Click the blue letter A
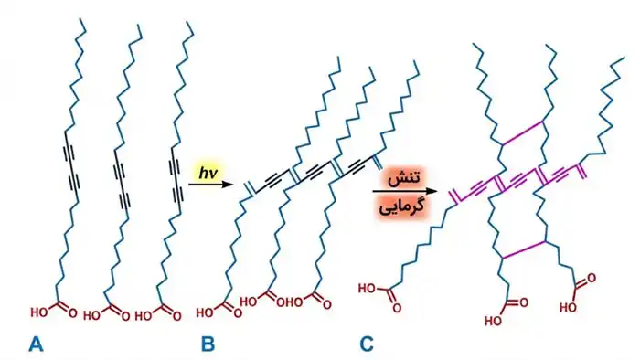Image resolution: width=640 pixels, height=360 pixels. tap(36, 344)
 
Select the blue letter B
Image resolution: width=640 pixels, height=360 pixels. tap(208, 344)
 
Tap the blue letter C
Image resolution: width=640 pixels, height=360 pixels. tap(367, 344)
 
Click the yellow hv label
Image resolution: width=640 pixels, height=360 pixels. tap(208, 173)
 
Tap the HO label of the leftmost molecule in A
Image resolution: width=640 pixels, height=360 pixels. tap(39, 312)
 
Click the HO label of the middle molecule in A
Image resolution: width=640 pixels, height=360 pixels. tap(91, 315)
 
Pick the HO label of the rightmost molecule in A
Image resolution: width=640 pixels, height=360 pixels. tap(144, 315)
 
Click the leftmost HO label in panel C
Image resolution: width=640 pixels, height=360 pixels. tap(367, 289)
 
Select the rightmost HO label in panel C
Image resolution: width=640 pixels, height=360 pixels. tap(568, 307)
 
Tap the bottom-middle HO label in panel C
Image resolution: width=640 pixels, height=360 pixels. tap(493, 321)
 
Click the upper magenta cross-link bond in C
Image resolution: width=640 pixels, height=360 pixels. tap(523, 132)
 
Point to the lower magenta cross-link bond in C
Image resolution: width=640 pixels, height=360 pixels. tap(524, 250)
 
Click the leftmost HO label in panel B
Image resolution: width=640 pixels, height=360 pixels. tap(205, 312)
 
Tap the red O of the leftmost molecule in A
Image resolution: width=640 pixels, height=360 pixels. tap(72, 313)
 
